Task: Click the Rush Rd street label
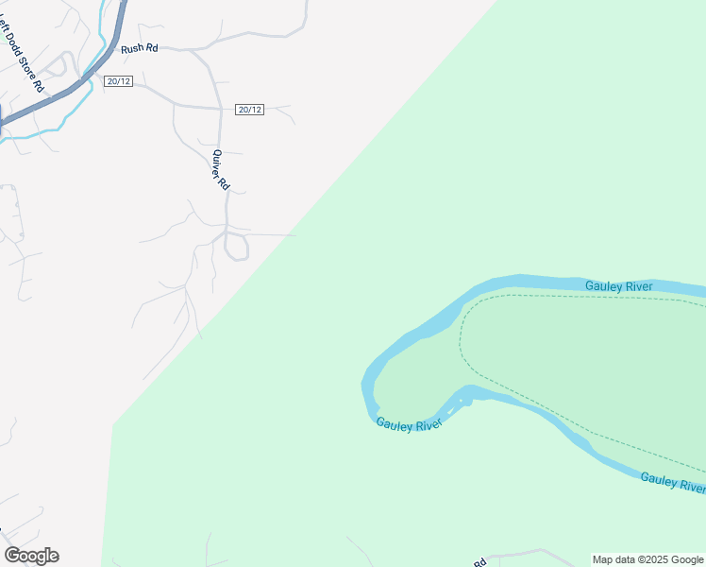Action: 140,47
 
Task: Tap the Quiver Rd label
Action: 220,170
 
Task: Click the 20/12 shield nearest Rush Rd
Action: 119,81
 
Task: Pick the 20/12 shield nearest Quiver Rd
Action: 249,110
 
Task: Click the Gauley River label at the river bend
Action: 408,425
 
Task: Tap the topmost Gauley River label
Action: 618,286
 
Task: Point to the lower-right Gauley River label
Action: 671,482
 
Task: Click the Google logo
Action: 31,556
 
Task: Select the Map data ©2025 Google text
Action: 647,559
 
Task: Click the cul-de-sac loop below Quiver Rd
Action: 237,248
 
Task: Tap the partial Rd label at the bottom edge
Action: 479,562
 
